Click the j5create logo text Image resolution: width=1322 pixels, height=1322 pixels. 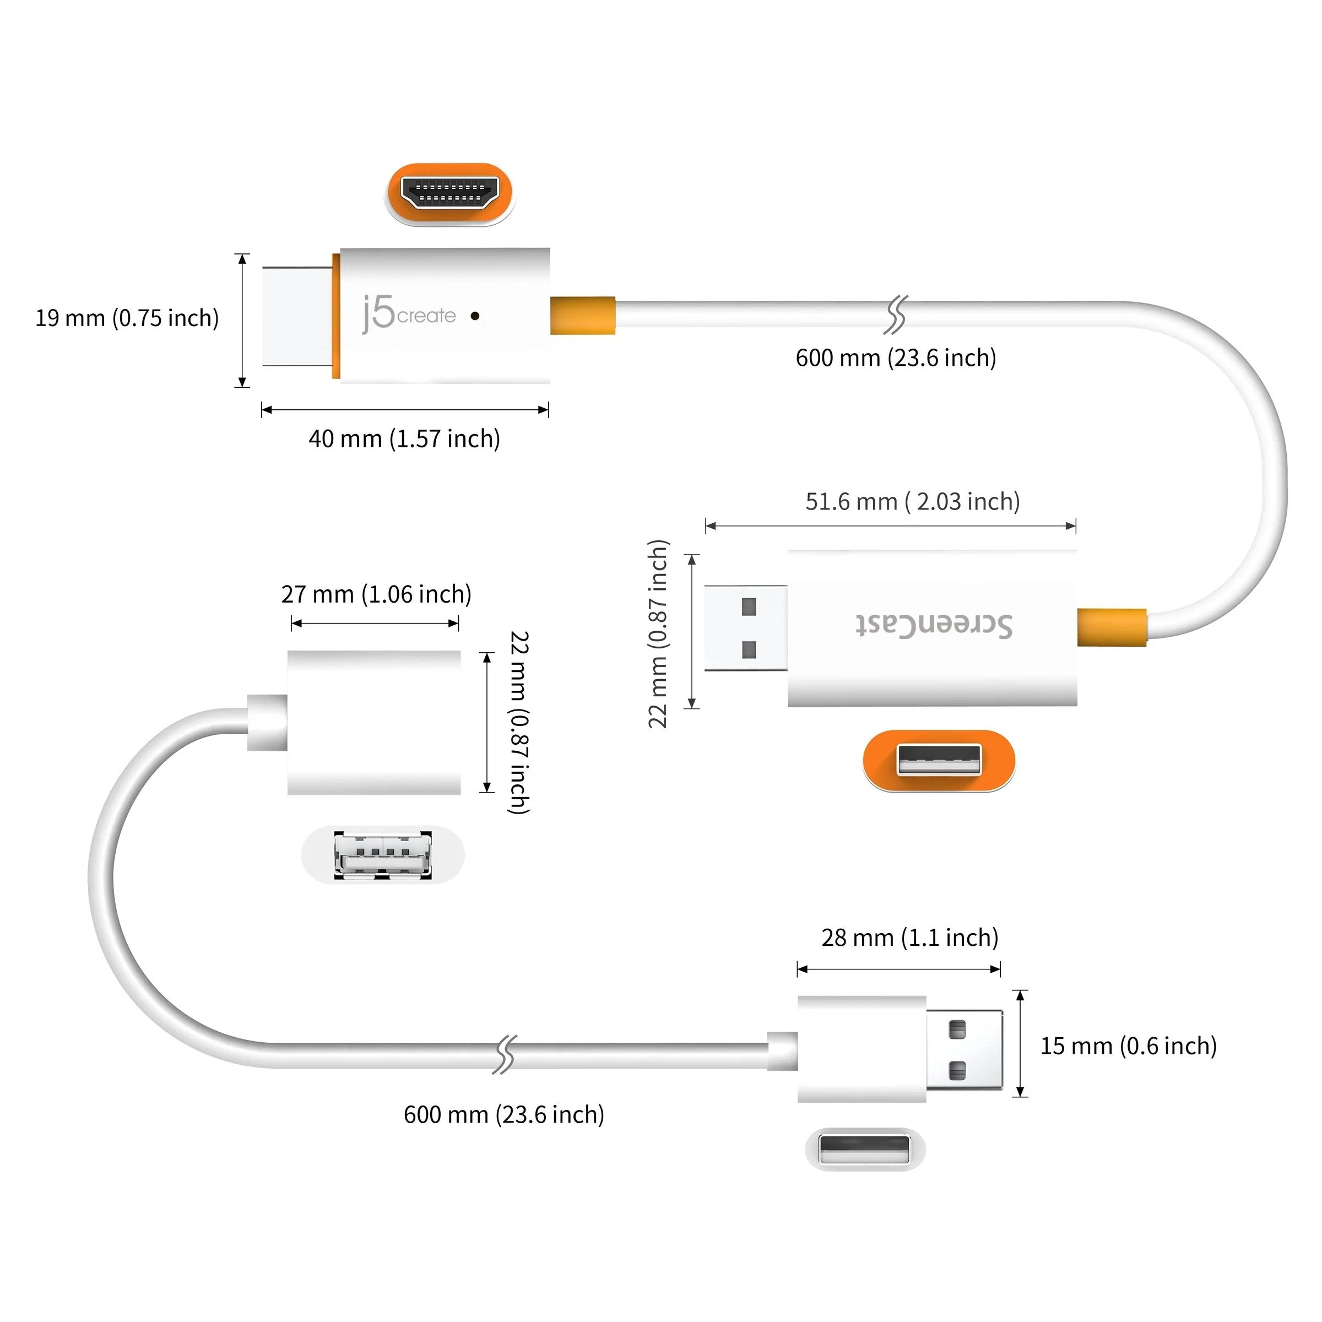tap(409, 315)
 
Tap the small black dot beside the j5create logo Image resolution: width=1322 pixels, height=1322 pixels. tap(475, 316)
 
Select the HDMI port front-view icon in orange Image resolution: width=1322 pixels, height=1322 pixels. tap(449, 194)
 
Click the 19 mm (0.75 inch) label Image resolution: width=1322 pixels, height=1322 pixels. tap(127, 318)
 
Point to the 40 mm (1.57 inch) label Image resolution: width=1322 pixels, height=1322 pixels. tap(404, 438)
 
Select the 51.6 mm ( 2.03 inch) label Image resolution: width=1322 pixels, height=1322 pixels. tap(912, 502)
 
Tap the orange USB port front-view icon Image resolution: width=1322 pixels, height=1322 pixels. tap(939, 761)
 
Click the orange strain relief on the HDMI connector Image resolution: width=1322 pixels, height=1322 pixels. tap(582, 316)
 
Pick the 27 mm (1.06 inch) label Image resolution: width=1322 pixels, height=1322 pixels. tap(376, 594)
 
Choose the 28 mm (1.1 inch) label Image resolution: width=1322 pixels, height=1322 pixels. tap(909, 938)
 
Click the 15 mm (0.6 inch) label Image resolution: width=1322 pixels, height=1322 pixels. tap(1128, 1045)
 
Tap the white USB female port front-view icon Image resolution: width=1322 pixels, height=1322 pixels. tap(382, 855)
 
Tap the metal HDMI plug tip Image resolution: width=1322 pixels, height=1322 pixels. tap(297, 316)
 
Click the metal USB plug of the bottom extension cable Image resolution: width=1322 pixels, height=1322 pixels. tap(964, 1050)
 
